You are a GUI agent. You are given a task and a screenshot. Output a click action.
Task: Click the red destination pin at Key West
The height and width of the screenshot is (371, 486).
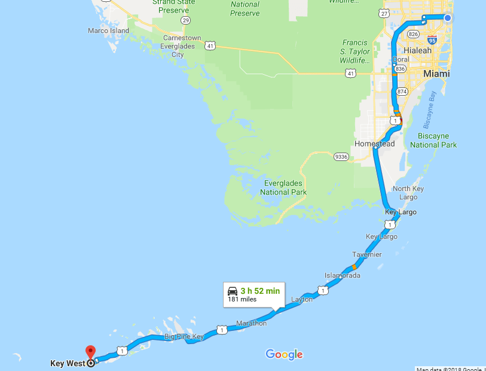[90, 352]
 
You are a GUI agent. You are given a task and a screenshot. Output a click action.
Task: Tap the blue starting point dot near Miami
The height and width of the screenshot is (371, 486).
[448, 18]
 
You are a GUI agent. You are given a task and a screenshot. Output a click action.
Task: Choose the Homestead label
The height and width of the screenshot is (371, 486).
[374, 144]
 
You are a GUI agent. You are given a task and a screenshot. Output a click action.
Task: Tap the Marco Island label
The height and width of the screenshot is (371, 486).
[108, 31]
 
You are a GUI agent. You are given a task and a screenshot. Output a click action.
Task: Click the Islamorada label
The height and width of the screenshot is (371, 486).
[343, 276]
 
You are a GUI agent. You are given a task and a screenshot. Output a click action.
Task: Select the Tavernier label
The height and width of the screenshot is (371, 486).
[366, 255]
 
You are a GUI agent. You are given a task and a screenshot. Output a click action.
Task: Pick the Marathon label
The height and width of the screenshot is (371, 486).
[251, 323]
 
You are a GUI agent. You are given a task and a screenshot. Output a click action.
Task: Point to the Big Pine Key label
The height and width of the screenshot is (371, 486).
[185, 337]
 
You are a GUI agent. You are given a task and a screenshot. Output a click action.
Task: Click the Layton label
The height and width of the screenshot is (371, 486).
[301, 299]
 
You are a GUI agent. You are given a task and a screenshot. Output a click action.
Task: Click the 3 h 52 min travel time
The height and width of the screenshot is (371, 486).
[260, 291]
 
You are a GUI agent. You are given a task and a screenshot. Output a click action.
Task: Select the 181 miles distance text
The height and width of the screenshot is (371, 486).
[242, 299]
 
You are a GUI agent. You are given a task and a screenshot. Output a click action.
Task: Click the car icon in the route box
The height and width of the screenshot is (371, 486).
[233, 291]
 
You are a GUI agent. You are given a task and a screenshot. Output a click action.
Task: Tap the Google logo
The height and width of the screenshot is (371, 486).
[284, 354]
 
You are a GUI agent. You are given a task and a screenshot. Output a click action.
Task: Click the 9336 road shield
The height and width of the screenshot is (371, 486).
[341, 157]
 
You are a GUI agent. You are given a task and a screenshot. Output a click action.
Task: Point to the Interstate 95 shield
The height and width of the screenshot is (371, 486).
[432, 40]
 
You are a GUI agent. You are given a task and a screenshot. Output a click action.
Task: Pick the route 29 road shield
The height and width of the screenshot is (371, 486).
[186, 20]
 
